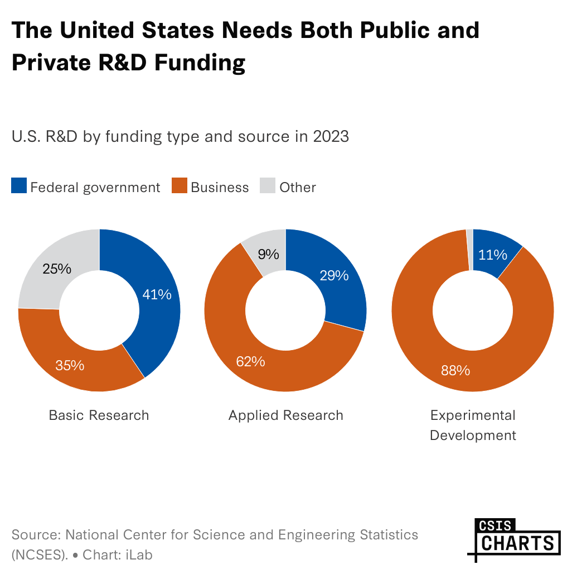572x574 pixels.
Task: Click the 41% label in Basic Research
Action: click(x=157, y=294)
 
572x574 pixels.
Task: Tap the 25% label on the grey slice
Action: click(x=57, y=269)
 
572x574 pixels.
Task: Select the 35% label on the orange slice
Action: click(x=70, y=366)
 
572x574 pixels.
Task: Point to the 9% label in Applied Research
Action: click(x=268, y=255)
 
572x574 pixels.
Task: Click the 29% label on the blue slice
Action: click(x=334, y=275)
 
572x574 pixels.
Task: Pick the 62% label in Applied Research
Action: click(x=250, y=362)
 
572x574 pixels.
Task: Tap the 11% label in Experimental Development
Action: click(x=493, y=255)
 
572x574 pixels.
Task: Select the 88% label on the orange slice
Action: click(x=455, y=370)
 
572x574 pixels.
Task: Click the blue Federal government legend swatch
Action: click(x=19, y=186)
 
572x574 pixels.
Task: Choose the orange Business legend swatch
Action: click(x=179, y=186)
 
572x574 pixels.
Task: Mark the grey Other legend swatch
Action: click(x=268, y=186)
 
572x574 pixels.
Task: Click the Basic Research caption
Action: click(x=99, y=415)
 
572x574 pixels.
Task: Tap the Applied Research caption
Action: click(x=286, y=415)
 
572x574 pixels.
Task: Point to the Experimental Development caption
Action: click(x=473, y=425)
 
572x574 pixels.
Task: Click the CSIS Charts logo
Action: click(x=513, y=538)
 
